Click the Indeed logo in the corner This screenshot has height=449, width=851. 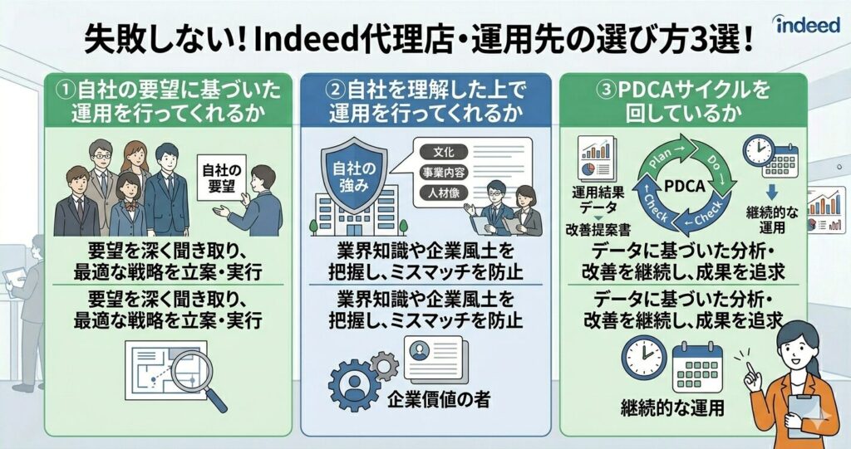click(x=806, y=24)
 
